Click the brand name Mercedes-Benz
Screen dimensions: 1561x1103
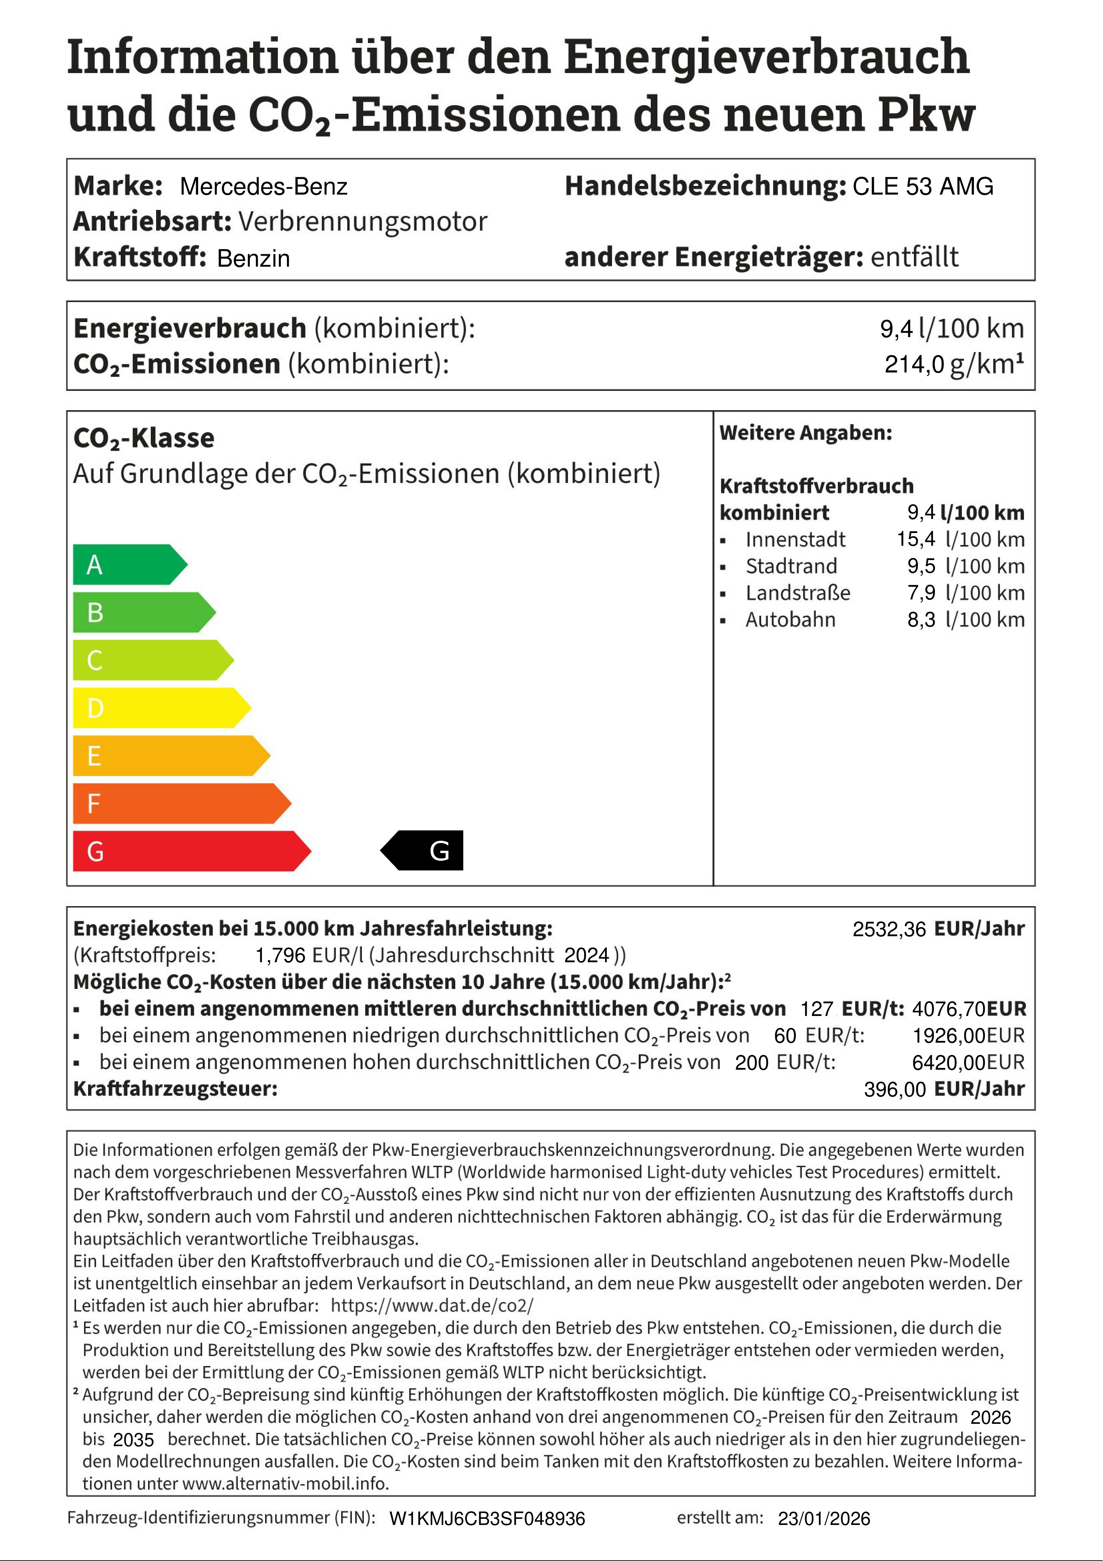click(x=264, y=186)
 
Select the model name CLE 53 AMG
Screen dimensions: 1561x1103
click(x=923, y=186)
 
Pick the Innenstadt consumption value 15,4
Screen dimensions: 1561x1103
click(x=916, y=539)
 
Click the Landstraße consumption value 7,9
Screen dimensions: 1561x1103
click(x=921, y=593)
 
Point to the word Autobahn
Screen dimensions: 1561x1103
click(x=790, y=619)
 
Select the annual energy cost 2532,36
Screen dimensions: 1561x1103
click(x=889, y=929)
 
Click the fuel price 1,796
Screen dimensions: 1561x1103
click(x=280, y=955)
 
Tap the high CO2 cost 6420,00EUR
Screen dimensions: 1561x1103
click(x=968, y=1062)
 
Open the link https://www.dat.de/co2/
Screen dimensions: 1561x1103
click(x=432, y=1305)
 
